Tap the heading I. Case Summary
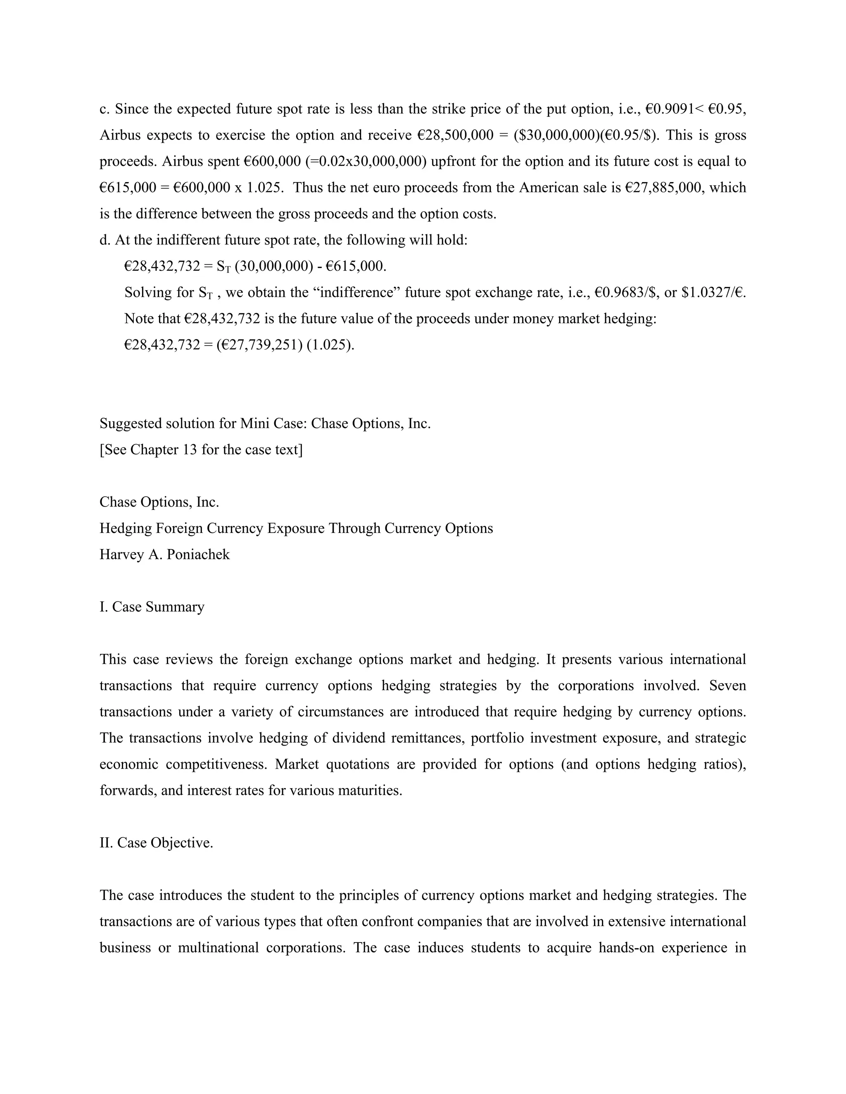click(x=152, y=607)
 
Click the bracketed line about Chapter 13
click(x=201, y=450)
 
